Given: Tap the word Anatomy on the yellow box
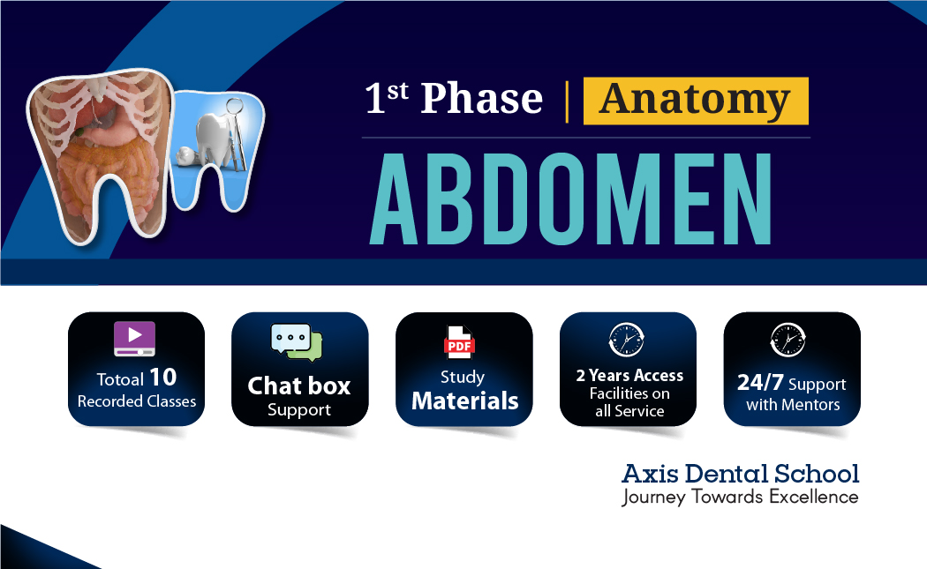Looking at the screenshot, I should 695,100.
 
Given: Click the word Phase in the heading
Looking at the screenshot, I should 481,99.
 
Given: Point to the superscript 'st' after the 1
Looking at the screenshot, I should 398,90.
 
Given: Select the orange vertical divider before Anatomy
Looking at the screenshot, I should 566,101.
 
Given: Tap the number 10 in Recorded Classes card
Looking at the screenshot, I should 162,378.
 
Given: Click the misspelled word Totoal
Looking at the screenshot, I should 120,380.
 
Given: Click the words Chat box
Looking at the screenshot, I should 299,386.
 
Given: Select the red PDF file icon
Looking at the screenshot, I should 460,342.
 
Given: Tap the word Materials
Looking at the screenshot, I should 464,401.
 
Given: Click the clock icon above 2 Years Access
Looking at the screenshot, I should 627,341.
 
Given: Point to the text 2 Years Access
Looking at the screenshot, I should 629,376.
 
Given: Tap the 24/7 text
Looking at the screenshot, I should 760,385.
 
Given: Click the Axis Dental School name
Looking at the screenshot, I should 740,474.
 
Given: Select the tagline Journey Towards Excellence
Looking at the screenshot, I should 740,497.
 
